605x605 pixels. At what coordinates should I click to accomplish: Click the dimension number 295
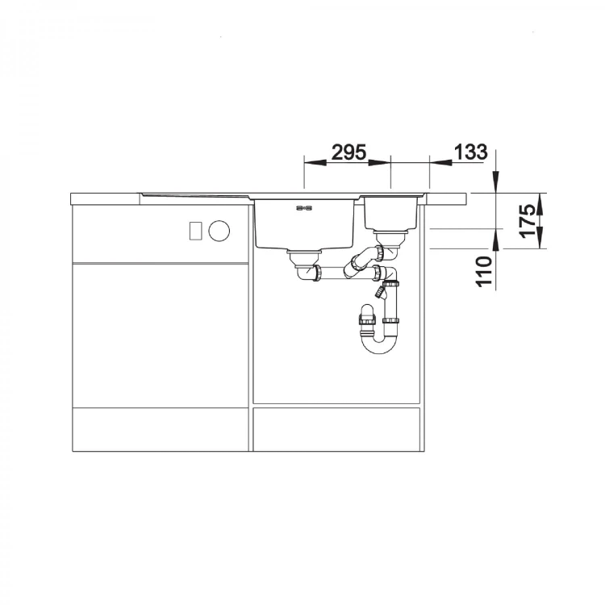(x=348, y=152)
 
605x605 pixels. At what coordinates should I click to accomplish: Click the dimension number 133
(x=470, y=152)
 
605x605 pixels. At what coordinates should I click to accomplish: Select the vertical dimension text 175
(x=528, y=222)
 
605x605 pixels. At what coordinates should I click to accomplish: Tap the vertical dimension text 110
(x=485, y=272)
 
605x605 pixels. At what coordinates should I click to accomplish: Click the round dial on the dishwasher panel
(x=219, y=232)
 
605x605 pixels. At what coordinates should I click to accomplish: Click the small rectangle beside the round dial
(x=196, y=232)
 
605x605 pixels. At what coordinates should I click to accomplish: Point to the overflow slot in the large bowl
(x=304, y=208)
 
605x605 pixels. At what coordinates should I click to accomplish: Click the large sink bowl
(x=304, y=223)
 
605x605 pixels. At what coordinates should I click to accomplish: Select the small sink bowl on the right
(x=391, y=213)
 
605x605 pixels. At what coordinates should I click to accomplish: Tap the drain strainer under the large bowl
(x=303, y=257)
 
